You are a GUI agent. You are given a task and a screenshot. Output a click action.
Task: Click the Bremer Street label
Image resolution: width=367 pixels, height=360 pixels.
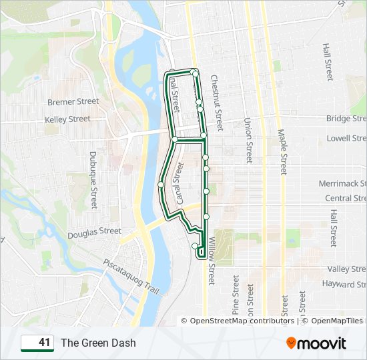(x=73, y=102)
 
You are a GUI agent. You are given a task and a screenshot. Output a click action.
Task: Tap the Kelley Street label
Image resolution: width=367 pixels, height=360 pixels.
(x=67, y=119)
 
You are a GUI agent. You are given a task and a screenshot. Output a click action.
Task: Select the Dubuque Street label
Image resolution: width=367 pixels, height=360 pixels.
(x=93, y=180)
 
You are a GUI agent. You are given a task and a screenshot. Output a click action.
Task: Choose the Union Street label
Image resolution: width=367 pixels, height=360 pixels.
(x=248, y=141)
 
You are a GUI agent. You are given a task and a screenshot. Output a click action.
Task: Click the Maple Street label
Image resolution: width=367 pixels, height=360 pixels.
(x=283, y=152)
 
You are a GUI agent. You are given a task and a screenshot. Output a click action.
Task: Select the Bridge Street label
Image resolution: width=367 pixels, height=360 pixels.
(x=346, y=119)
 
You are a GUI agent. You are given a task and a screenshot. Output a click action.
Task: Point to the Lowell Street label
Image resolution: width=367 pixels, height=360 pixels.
(x=346, y=139)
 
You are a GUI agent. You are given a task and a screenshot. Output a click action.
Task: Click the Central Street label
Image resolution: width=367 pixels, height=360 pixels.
(x=345, y=199)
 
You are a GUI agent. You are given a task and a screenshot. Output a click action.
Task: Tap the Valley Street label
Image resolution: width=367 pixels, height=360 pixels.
(x=346, y=269)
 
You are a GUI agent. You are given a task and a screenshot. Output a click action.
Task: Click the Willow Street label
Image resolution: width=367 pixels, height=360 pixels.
(x=212, y=261)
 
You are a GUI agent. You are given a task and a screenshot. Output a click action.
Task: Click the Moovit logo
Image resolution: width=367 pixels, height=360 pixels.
(x=316, y=343)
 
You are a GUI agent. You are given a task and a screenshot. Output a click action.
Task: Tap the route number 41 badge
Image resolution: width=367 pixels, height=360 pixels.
(x=37, y=343)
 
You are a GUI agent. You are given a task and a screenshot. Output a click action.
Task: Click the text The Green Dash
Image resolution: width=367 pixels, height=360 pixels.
(x=98, y=343)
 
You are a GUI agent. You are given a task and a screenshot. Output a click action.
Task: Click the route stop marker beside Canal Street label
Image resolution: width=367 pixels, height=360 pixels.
(x=161, y=185)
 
